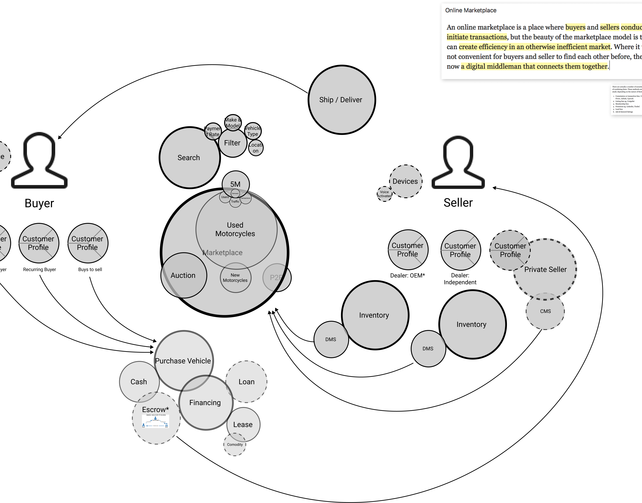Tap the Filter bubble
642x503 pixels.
click(x=232, y=143)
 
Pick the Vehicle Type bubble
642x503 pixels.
click(x=253, y=131)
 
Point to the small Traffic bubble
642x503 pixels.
click(x=235, y=202)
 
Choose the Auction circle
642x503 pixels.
click(x=183, y=275)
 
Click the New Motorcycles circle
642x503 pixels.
click(x=235, y=278)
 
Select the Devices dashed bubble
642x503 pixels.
click(x=405, y=181)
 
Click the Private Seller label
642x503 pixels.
click(x=545, y=269)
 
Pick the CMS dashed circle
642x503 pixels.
click(x=545, y=311)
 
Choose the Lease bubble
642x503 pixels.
click(x=243, y=424)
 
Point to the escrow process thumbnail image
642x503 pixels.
click(x=155, y=421)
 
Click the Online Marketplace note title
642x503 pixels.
click(x=470, y=10)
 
